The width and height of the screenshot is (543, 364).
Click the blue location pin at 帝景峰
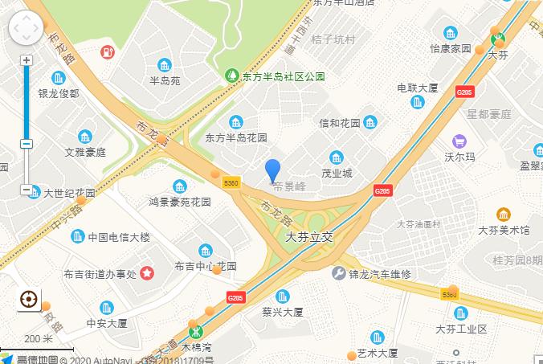pos(273,170)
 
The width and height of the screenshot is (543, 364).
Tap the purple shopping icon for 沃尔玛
pos(459,141)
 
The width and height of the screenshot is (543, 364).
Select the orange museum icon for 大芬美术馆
pos(504,214)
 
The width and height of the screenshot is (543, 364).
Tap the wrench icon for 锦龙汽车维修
pos(338,273)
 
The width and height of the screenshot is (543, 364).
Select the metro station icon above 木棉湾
pos(195,331)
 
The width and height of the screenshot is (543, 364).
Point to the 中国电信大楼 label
pos(119,237)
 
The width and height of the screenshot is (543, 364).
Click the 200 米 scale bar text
pos(39,338)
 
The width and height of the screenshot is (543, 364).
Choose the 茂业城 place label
pos(337,173)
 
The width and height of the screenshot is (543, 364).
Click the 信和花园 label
pos(340,123)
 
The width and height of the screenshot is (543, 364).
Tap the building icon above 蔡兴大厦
pos(281,296)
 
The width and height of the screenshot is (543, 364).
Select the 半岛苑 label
pos(165,81)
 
